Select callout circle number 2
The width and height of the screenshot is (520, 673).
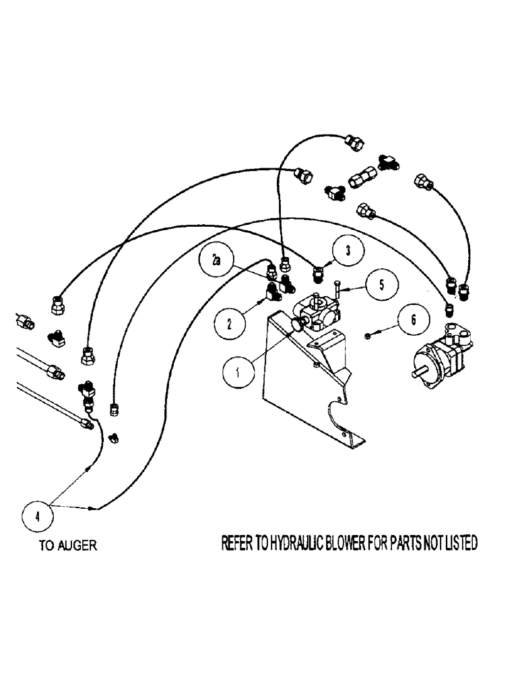pyautogui.click(x=231, y=324)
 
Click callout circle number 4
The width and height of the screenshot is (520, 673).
pyautogui.click(x=37, y=517)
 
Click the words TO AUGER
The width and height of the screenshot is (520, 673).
pyautogui.click(x=67, y=546)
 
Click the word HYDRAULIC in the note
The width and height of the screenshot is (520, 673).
pyautogui.click(x=300, y=542)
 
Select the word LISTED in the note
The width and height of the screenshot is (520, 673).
pyautogui.click(x=460, y=542)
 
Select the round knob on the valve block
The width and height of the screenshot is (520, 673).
pyautogui.click(x=296, y=325)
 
